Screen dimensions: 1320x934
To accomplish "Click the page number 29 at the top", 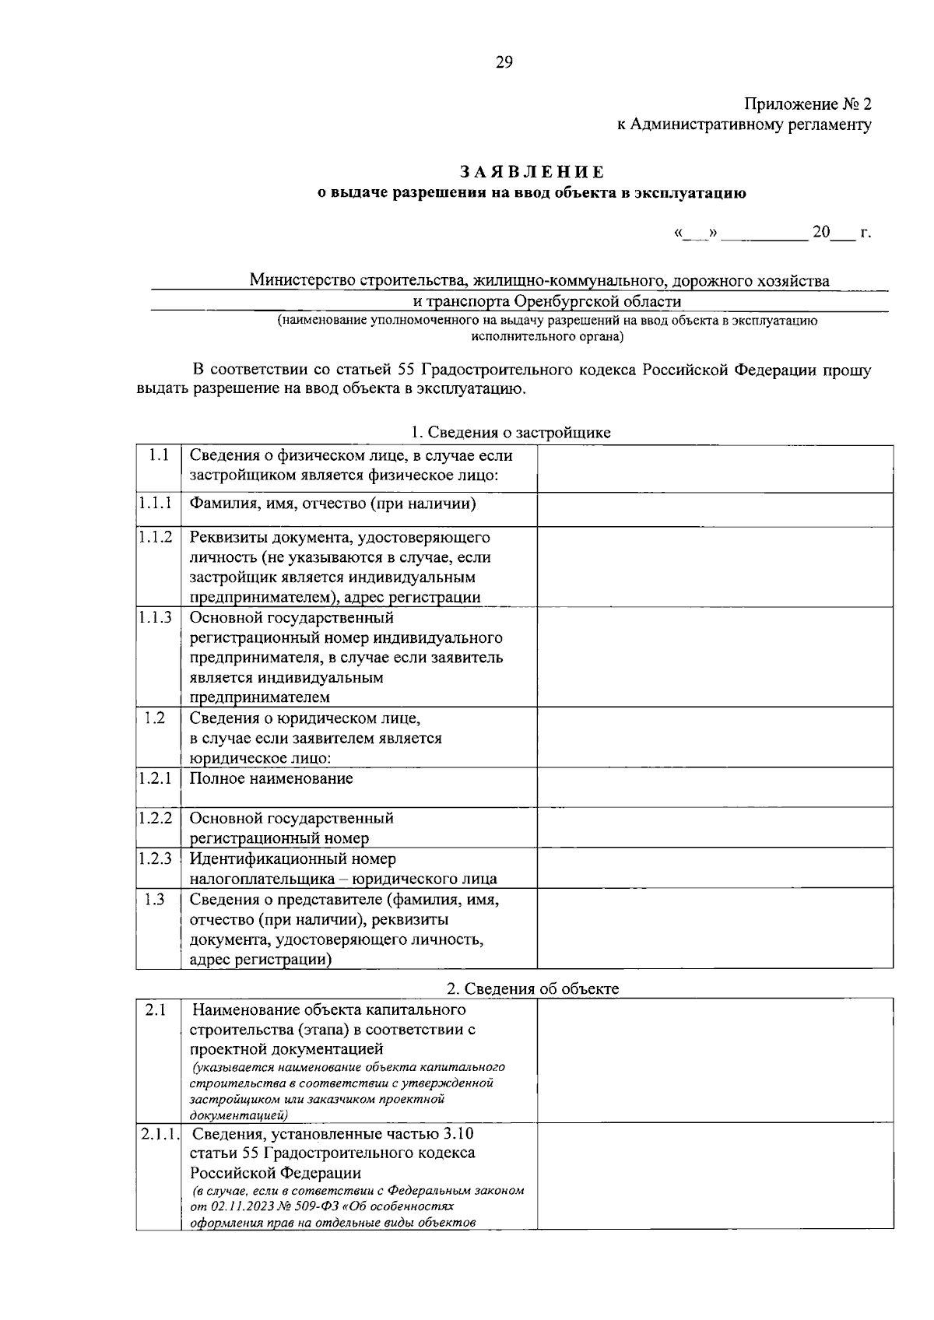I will pyautogui.click(x=504, y=63).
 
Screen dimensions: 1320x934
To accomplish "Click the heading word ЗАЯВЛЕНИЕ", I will pyautogui.click(x=533, y=171).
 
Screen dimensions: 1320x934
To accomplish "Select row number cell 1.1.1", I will pyautogui.click(x=156, y=504).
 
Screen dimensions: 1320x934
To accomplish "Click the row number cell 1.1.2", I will pyautogui.click(x=156, y=538).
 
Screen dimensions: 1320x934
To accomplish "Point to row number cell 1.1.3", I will pyautogui.click(x=156, y=618).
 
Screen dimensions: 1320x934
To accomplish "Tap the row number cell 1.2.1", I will pyautogui.click(x=156, y=778).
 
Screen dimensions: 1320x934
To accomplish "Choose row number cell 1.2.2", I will pyautogui.click(x=156, y=818).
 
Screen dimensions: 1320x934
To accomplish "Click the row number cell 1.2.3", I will pyautogui.click(x=156, y=858).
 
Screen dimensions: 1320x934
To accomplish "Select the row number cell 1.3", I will pyautogui.click(x=155, y=899).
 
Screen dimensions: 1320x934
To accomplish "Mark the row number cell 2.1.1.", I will pyautogui.click(x=160, y=1134).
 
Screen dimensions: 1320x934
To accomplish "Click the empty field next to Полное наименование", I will pyautogui.click(x=715, y=787).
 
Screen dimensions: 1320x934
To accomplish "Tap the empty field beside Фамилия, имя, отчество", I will pyautogui.click(x=715, y=510).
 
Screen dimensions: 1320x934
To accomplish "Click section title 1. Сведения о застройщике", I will pyautogui.click(x=511, y=433).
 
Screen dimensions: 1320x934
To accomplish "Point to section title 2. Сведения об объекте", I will pyautogui.click(x=532, y=988).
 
